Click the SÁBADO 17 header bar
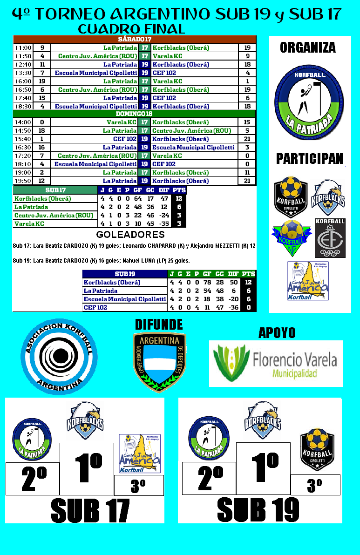[x=135, y=39]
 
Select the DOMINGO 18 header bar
[x=135, y=114]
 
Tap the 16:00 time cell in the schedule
[x=23, y=81]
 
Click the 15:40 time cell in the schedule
[x=23, y=139]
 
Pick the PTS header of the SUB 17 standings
[x=179, y=190]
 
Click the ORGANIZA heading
[x=308, y=47]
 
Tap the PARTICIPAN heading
[x=309, y=159]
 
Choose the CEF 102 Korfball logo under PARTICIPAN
[x=330, y=238]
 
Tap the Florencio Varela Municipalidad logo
[x=276, y=363]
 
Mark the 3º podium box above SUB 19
[x=315, y=485]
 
